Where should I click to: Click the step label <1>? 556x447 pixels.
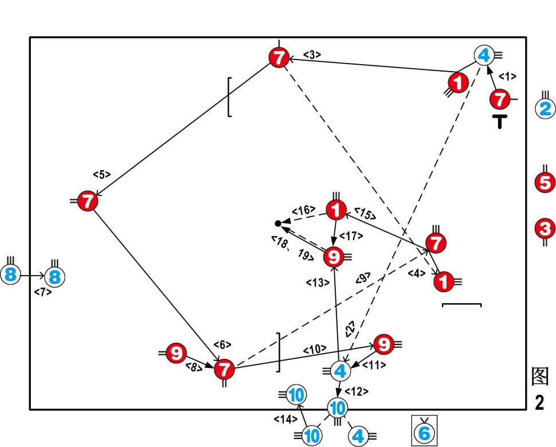click(x=507, y=76)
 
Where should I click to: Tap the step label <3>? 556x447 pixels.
click(x=312, y=55)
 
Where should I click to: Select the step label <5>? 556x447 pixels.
click(x=101, y=174)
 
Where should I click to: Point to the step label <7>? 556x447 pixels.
click(x=42, y=292)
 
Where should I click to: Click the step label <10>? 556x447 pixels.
click(x=315, y=348)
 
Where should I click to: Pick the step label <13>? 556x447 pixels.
click(x=317, y=282)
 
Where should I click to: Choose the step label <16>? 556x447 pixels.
click(x=303, y=210)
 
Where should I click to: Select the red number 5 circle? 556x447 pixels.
click(x=545, y=183)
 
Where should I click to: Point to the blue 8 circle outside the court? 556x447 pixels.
click(x=10, y=276)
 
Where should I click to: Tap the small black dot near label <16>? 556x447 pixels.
click(x=278, y=223)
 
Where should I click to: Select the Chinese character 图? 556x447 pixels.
click(x=539, y=377)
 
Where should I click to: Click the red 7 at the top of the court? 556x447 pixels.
click(x=279, y=57)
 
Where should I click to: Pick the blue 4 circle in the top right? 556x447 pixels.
click(x=484, y=56)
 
